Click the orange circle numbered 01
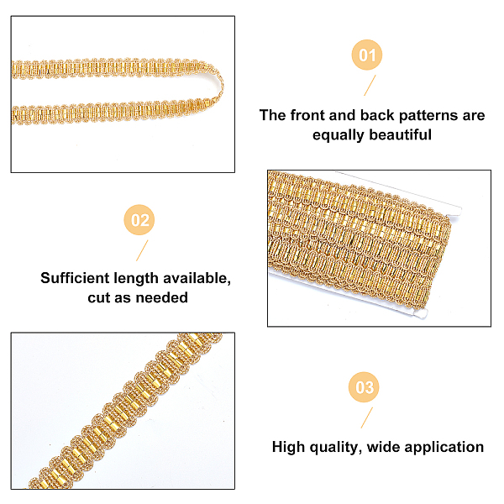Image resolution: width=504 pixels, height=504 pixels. pyautogui.click(x=367, y=55)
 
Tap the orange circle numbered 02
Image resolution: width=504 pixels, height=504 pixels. pyautogui.click(x=139, y=220)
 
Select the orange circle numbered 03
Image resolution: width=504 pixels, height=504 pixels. pyautogui.click(x=364, y=387)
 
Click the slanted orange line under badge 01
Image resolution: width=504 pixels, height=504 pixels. pyautogui.click(x=370, y=85)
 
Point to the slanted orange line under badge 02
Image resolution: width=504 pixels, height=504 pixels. pyautogui.click(x=142, y=250)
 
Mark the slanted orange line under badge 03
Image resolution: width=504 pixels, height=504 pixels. pyautogui.click(x=367, y=417)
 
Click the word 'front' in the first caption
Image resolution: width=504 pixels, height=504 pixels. pyautogui.click(x=307, y=115)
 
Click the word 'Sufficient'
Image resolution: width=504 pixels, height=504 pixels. pyautogui.click(x=75, y=278)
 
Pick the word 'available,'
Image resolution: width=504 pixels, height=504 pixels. pyautogui.click(x=197, y=279)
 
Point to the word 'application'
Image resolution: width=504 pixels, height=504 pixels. pyautogui.click(x=444, y=448)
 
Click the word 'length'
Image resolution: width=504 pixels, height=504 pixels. pyautogui.click(x=136, y=279)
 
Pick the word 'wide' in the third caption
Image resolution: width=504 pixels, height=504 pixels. pyautogui.click(x=383, y=447)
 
